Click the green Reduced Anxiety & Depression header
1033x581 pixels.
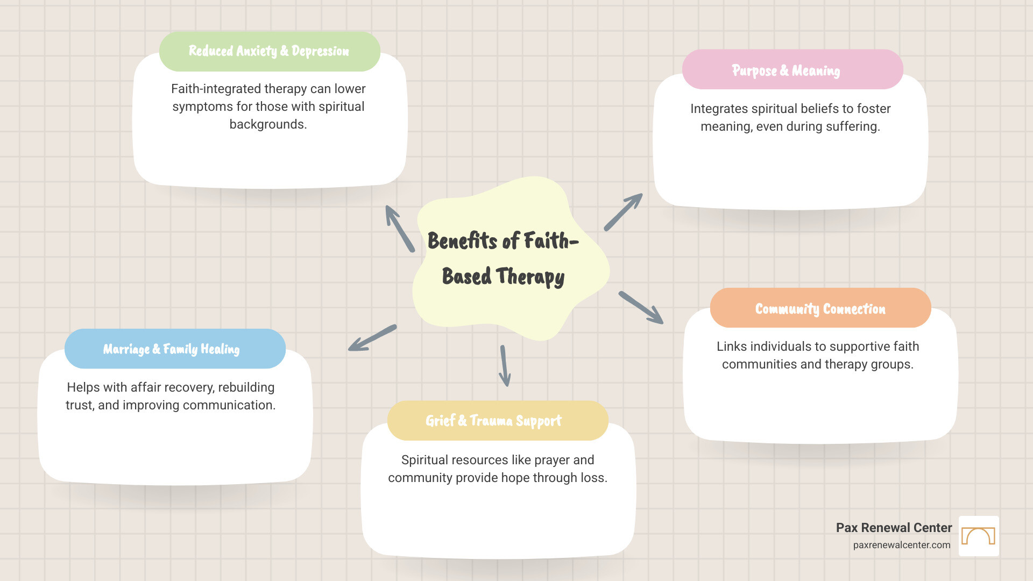point(269,51)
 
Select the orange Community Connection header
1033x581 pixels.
point(820,308)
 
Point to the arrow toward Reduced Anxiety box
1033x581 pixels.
point(400,229)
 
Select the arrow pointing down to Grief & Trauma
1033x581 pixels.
point(504,366)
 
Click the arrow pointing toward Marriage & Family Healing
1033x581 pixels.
point(372,338)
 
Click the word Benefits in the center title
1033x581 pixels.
point(462,241)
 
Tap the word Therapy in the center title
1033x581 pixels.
point(530,277)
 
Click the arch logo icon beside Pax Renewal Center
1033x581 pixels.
point(979,536)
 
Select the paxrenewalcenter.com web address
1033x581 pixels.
point(901,545)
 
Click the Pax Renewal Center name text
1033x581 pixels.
point(894,528)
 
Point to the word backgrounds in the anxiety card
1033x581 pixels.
point(268,124)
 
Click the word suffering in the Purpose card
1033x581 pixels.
point(853,126)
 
